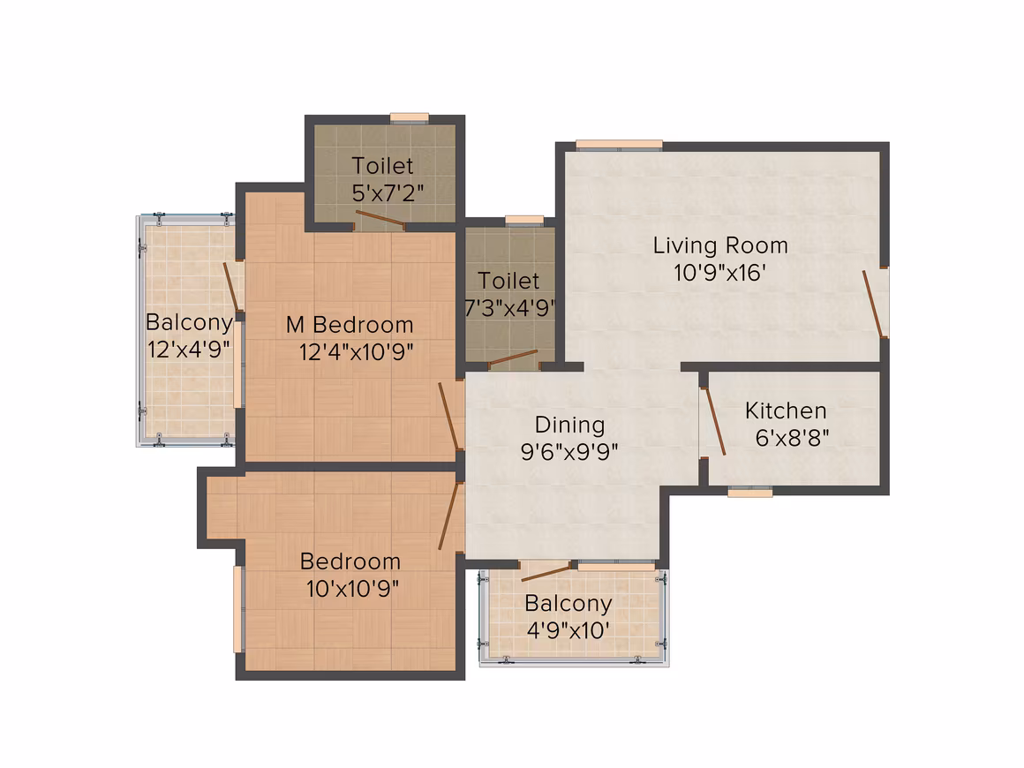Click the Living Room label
(x=720, y=245)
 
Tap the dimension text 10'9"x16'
(x=719, y=273)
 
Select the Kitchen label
(x=786, y=410)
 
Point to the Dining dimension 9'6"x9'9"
(x=569, y=451)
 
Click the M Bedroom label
(x=350, y=325)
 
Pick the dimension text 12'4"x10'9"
(x=356, y=352)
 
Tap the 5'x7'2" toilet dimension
(x=388, y=192)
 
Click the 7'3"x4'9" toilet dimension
(x=509, y=307)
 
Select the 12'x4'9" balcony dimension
(x=189, y=350)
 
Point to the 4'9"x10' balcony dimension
(x=568, y=630)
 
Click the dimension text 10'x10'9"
(x=352, y=589)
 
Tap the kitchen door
(x=714, y=421)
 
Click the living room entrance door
(x=873, y=304)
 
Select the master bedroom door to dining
(x=449, y=416)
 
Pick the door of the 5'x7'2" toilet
(x=380, y=220)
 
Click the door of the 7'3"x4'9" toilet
(x=513, y=358)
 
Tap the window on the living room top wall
(x=619, y=145)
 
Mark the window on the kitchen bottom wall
(x=749, y=492)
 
